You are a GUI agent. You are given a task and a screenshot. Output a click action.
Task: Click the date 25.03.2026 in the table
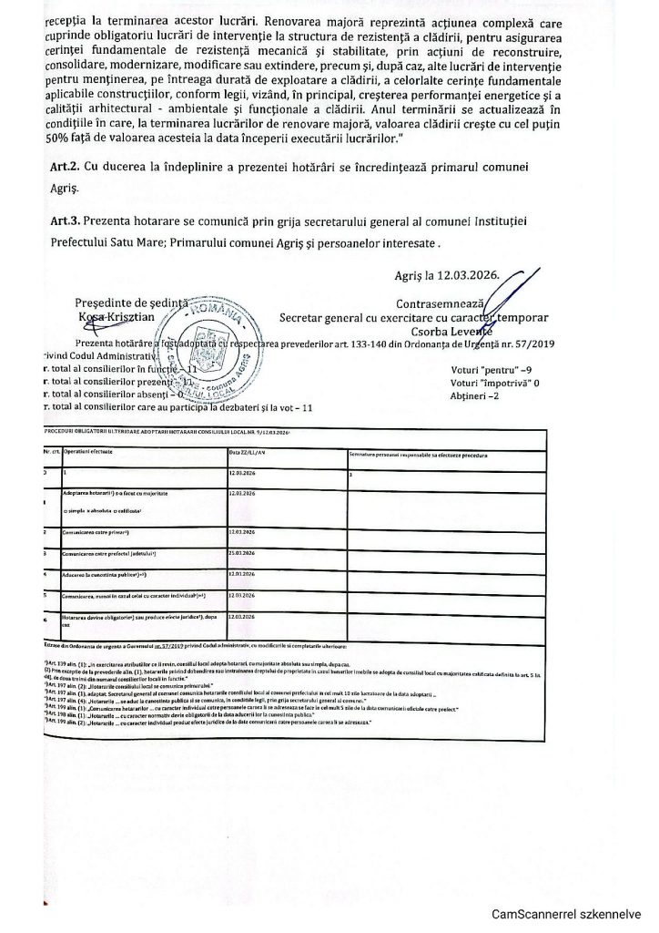(x=246, y=553)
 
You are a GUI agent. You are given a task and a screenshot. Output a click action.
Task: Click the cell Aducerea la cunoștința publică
(x=106, y=575)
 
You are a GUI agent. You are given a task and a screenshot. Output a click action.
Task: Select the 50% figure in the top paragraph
(x=58, y=138)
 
